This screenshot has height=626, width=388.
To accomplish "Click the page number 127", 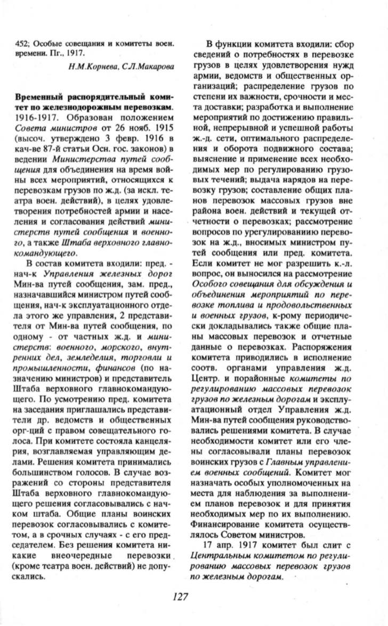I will [x=181, y=596].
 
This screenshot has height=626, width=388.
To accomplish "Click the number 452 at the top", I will [x=21, y=42].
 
